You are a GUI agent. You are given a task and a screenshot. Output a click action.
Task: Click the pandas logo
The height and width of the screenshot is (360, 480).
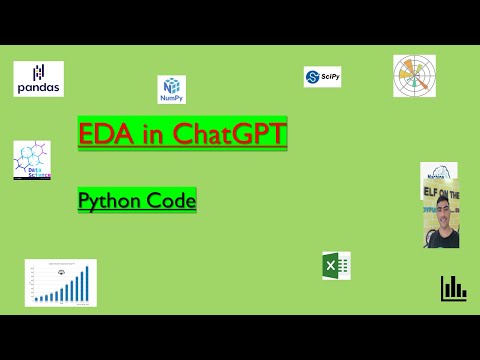click(x=39, y=78)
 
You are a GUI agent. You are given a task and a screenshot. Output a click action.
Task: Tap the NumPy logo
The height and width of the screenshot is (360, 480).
click(x=171, y=90)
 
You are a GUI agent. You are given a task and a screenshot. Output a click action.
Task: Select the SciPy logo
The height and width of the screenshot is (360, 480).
click(x=323, y=77)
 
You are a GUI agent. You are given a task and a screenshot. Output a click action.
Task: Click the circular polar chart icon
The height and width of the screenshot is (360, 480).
click(x=414, y=76)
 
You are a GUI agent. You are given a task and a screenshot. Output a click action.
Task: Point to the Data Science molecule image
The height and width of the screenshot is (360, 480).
click(x=32, y=160)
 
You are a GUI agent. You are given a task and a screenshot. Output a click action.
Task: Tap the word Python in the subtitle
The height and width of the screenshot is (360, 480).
click(x=109, y=201)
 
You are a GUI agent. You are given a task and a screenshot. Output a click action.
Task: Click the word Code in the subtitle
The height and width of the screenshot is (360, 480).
click(x=170, y=200)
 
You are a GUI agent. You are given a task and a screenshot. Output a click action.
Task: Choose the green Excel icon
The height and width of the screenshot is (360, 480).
click(x=335, y=266)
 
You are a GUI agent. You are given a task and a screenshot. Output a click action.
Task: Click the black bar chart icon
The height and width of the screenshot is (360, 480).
click(x=453, y=288)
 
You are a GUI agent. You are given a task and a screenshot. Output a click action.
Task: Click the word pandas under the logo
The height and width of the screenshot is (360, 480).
click(x=39, y=88)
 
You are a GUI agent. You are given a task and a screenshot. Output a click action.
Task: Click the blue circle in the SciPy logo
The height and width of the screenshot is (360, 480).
click(x=312, y=77)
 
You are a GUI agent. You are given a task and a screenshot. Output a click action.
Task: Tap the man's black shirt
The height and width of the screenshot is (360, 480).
click(x=442, y=239)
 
